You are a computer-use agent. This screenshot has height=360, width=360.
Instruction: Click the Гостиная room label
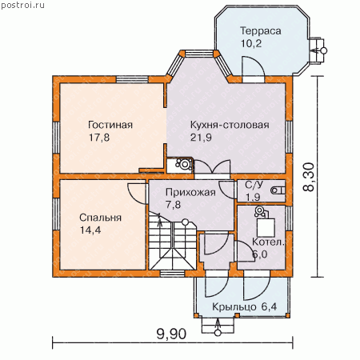pyautogui.click(x=110, y=125)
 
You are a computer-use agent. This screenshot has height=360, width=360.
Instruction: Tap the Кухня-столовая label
pyautogui.click(x=230, y=125)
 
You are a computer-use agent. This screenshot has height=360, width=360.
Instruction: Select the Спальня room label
pyautogui.click(x=100, y=218)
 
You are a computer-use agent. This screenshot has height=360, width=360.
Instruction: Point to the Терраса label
pyautogui.click(x=261, y=31)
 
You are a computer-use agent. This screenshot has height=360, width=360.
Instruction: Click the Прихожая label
pyautogui.click(x=190, y=192)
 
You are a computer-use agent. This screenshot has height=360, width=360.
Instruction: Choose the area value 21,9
pyautogui.click(x=201, y=138)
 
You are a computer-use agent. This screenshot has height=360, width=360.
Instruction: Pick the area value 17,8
pyautogui.click(x=99, y=138)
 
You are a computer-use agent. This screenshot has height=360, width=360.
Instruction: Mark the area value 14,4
pyautogui.click(x=90, y=230)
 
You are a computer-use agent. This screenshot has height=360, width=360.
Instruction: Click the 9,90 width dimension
pyautogui.click(x=171, y=334)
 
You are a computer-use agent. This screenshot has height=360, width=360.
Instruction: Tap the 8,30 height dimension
pyautogui.click(x=309, y=177)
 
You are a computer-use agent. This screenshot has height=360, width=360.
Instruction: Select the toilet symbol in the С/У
pyautogui.click(x=278, y=190)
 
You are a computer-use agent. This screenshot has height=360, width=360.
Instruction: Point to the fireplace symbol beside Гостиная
pyautogui.click(x=184, y=164)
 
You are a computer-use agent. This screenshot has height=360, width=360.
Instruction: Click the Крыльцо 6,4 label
pyautogui.click(x=244, y=307)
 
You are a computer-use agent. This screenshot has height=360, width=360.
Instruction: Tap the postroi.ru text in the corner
pyautogui.click(x=22, y=5)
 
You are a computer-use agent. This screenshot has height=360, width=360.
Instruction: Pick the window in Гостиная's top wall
pyautogui.click(x=132, y=79)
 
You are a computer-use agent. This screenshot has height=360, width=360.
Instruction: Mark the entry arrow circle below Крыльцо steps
pyautogui.click(x=218, y=333)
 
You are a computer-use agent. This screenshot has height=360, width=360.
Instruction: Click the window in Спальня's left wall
pyautogui.click(x=56, y=214)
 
